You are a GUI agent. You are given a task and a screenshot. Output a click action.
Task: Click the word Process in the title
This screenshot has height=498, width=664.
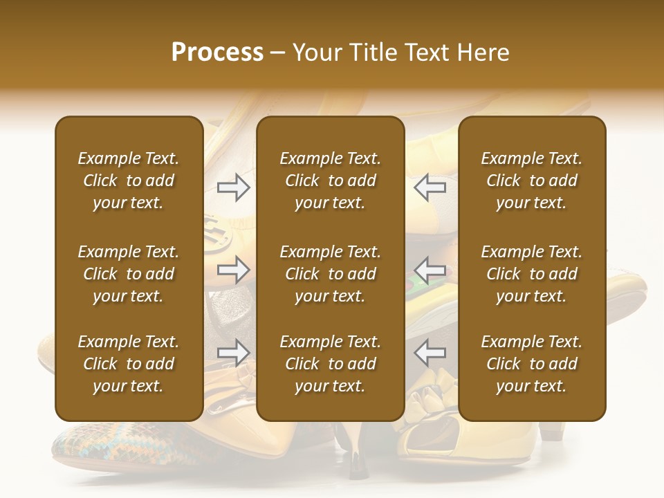[x=217, y=53]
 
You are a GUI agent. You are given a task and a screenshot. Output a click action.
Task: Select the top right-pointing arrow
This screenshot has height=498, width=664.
[x=234, y=187]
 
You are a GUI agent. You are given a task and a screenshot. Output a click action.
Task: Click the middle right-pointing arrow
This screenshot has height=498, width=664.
[x=234, y=270]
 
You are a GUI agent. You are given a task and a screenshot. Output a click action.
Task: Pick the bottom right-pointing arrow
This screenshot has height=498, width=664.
[x=234, y=353]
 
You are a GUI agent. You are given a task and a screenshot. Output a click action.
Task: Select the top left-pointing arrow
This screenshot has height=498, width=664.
[x=430, y=187]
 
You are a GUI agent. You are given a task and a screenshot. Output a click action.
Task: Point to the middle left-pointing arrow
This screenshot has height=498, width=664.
[x=430, y=270]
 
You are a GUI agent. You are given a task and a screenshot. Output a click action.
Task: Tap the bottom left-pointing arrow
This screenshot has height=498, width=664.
[x=430, y=353]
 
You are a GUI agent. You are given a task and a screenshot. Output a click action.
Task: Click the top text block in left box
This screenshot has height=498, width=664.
[x=129, y=181]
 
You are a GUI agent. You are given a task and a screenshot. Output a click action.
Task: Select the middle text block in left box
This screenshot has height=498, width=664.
[x=129, y=274]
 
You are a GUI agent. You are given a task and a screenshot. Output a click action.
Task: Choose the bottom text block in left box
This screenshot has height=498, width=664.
[x=129, y=364]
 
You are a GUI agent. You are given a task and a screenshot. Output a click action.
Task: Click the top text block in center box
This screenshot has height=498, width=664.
[x=331, y=181]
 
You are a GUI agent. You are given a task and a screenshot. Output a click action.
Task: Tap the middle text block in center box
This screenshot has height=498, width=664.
[x=331, y=274]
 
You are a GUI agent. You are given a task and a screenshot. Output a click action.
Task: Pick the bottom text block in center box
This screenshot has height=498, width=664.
[x=331, y=364]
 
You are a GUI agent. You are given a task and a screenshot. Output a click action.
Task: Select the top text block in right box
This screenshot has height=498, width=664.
[x=532, y=181]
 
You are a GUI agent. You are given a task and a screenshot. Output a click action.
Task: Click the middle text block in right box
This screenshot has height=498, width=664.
[x=532, y=274]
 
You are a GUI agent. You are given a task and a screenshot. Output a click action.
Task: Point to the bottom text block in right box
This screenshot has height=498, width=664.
[x=532, y=364]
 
